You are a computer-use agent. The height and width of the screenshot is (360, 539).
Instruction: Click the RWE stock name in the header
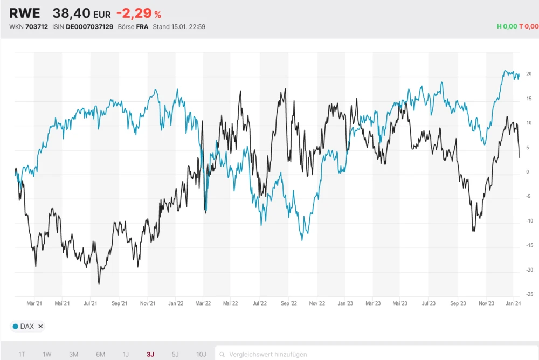25,13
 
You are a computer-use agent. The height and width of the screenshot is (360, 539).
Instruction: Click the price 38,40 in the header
71,13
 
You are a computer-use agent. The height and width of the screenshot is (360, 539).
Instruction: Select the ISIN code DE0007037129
90,26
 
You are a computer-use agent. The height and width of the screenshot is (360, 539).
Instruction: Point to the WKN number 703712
37,26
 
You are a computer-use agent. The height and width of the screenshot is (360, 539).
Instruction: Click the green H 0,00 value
507,26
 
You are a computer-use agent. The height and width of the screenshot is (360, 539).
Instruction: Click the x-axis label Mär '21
34,303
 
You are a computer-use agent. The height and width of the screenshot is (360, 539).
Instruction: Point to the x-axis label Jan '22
176,303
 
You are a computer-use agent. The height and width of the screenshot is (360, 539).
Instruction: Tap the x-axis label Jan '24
513,303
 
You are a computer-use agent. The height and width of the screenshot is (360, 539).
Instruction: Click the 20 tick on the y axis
529,74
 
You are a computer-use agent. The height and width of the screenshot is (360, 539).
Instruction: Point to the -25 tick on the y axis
529,294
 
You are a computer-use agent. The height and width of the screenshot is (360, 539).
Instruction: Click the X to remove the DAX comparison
40,326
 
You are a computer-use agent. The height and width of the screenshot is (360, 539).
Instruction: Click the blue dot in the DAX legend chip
15,326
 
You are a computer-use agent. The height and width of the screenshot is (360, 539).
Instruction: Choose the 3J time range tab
150,354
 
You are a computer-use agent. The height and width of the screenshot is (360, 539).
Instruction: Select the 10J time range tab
201,354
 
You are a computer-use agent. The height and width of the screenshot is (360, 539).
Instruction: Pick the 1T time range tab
22,354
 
